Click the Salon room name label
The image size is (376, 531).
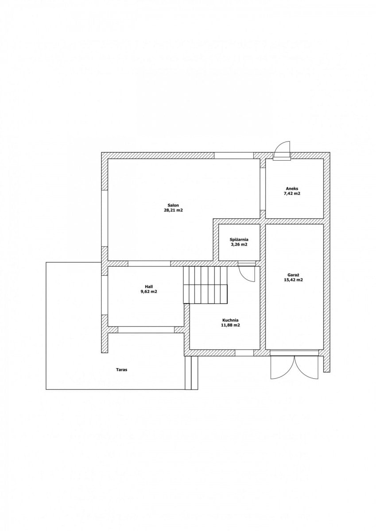173,205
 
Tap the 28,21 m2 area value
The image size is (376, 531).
173,210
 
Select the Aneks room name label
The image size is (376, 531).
292,189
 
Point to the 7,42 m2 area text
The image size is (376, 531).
292,193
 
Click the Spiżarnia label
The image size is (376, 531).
239,240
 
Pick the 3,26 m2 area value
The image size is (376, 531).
239,245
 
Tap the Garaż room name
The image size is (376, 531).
293,275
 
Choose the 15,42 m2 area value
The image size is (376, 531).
293,280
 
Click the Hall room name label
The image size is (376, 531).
149,287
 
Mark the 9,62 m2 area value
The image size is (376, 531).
149,292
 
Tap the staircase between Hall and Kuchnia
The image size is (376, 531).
205,285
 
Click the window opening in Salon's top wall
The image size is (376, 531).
233,155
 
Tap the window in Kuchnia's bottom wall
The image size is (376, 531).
244,353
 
